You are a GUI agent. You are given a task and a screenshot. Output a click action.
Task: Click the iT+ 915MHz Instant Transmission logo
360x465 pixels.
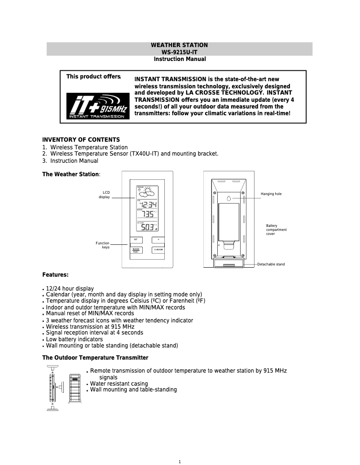97,106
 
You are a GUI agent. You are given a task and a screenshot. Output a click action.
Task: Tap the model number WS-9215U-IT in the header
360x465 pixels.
180,52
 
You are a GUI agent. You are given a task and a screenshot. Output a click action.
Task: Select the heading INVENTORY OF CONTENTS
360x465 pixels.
81,139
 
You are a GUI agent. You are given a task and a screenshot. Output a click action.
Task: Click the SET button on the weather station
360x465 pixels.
136,239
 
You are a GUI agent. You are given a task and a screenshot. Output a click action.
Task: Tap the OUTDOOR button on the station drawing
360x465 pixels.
158,250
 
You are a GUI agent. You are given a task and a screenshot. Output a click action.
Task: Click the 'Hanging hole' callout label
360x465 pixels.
271,194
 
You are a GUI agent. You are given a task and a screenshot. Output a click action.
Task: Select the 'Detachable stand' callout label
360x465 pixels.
271,265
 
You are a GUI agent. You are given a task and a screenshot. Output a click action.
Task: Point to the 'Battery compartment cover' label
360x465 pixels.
276,230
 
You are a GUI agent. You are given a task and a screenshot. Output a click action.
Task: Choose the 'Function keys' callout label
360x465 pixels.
102,245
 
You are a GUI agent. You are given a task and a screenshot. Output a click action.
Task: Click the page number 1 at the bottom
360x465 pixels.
180,462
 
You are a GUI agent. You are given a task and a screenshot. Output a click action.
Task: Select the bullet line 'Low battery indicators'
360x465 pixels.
74,339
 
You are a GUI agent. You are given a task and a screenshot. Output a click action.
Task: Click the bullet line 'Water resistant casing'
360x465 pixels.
119,384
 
